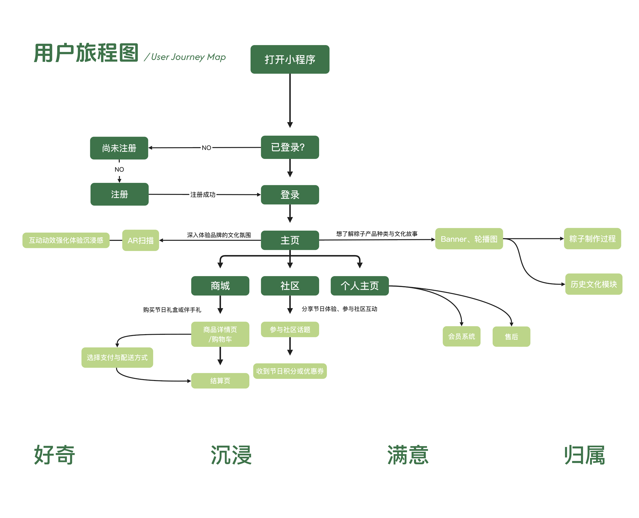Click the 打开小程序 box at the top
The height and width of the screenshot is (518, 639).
coord(290,59)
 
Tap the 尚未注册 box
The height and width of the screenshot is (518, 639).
coord(119,148)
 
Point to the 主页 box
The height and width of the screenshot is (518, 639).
coord(290,240)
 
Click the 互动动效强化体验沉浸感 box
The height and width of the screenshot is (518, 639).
coord(66,240)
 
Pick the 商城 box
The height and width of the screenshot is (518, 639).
coord(220,286)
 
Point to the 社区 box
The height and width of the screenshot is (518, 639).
coord(290,286)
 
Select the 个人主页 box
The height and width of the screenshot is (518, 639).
coord(359,286)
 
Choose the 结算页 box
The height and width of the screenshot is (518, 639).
coord(220,381)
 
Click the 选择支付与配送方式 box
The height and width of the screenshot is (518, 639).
coord(117,358)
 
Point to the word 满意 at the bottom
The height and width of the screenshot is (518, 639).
coord(408,455)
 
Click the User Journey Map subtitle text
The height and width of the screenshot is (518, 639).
coord(188,57)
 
